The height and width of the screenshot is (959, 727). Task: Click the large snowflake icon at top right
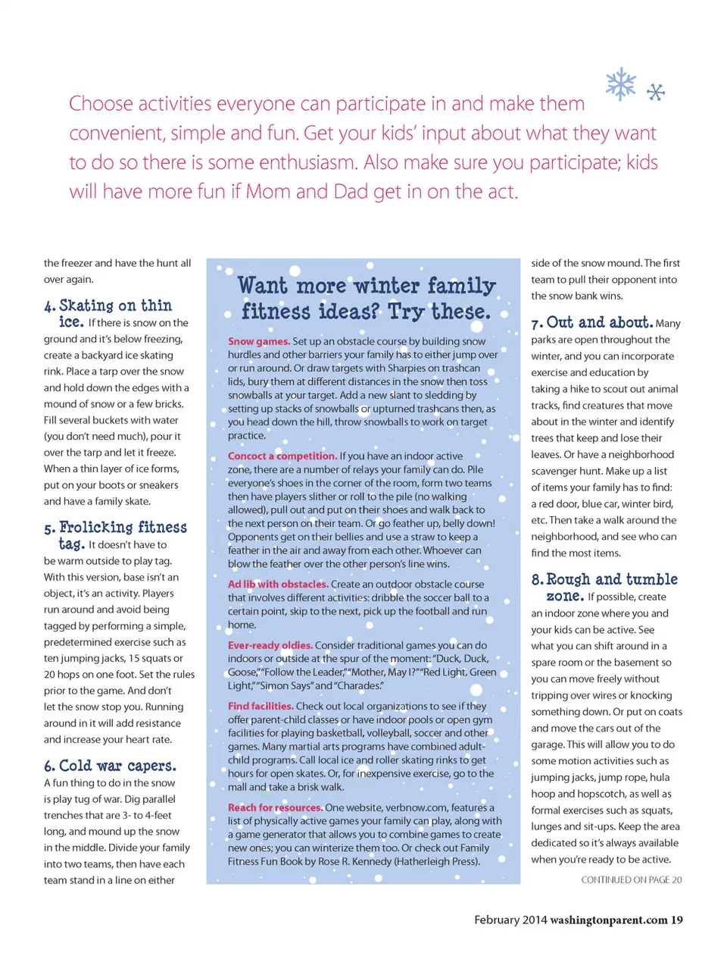click(x=621, y=84)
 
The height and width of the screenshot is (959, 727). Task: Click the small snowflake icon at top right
click(x=656, y=92)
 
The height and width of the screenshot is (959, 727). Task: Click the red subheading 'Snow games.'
click(x=259, y=342)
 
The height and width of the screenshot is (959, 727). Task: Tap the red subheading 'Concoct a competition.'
click(x=282, y=456)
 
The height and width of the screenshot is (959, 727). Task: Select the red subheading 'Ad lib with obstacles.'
click(x=278, y=584)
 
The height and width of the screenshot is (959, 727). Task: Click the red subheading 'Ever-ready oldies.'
click(x=270, y=646)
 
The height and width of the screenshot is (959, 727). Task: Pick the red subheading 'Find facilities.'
click(x=261, y=707)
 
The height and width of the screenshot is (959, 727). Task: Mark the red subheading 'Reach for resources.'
click(x=275, y=808)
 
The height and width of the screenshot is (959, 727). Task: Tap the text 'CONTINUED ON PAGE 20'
click(x=632, y=880)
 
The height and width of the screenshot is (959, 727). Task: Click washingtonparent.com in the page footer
click(x=609, y=920)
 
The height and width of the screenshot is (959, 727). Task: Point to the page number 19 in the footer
click(x=676, y=920)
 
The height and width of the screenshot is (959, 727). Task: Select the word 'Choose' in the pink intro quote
click(x=101, y=104)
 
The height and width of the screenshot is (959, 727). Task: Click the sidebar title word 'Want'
click(x=263, y=287)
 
